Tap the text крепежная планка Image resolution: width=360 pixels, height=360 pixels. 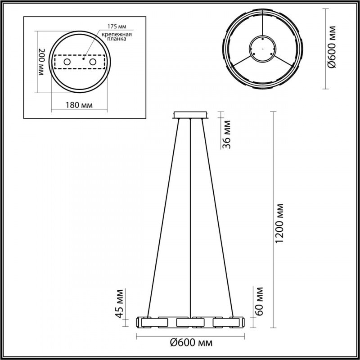(113, 36)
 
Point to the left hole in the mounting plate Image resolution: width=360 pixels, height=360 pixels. (67, 62)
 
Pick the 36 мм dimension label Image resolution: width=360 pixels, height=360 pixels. (228, 133)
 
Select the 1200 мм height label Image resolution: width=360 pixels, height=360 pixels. (280, 223)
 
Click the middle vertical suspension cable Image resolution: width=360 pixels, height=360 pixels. (191, 216)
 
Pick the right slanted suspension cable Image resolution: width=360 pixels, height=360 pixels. (220, 216)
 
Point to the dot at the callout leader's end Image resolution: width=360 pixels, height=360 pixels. (84, 58)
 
